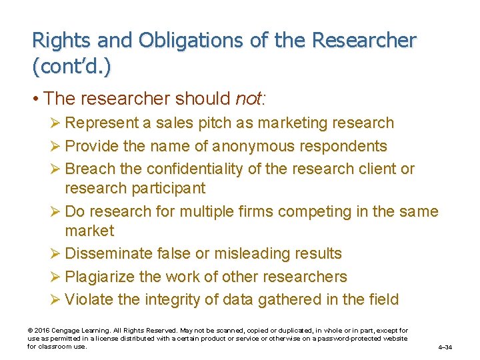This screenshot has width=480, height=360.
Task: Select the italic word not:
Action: pos(251,99)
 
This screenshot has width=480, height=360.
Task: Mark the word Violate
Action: pos(90,299)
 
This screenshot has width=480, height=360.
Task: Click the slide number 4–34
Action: pos(445,347)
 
